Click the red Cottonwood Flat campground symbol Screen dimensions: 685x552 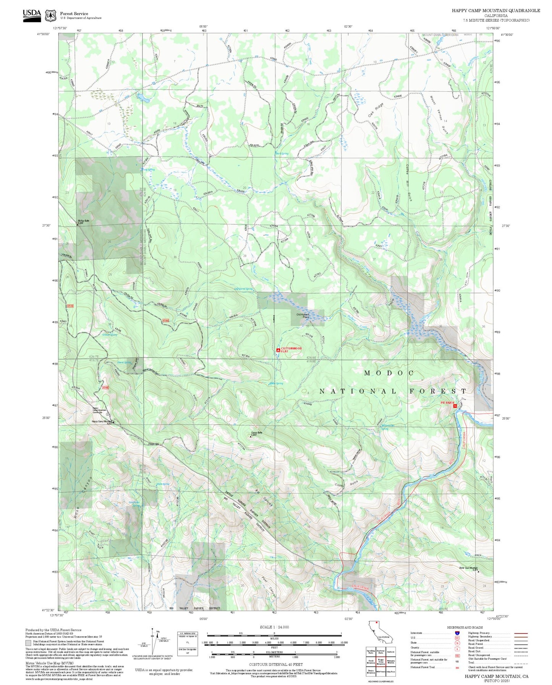click(x=278, y=350)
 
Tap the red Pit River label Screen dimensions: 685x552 click(x=447, y=403)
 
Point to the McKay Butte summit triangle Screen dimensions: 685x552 click(x=78, y=225)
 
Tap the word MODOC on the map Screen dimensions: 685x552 click(x=389, y=373)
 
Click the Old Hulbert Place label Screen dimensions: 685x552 click(x=303, y=316)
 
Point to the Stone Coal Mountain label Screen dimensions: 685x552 click(x=468, y=568)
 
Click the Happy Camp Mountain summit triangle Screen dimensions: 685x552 click(x=113, y=422)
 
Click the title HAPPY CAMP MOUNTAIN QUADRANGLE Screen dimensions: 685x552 click(x=496, y=11)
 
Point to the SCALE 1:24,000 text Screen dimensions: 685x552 click(x=274, y=627)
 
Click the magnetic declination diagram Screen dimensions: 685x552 click(x=153, y=641)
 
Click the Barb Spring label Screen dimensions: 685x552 click(x=282, y=153)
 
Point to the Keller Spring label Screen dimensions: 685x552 click(x=276, y=383)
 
